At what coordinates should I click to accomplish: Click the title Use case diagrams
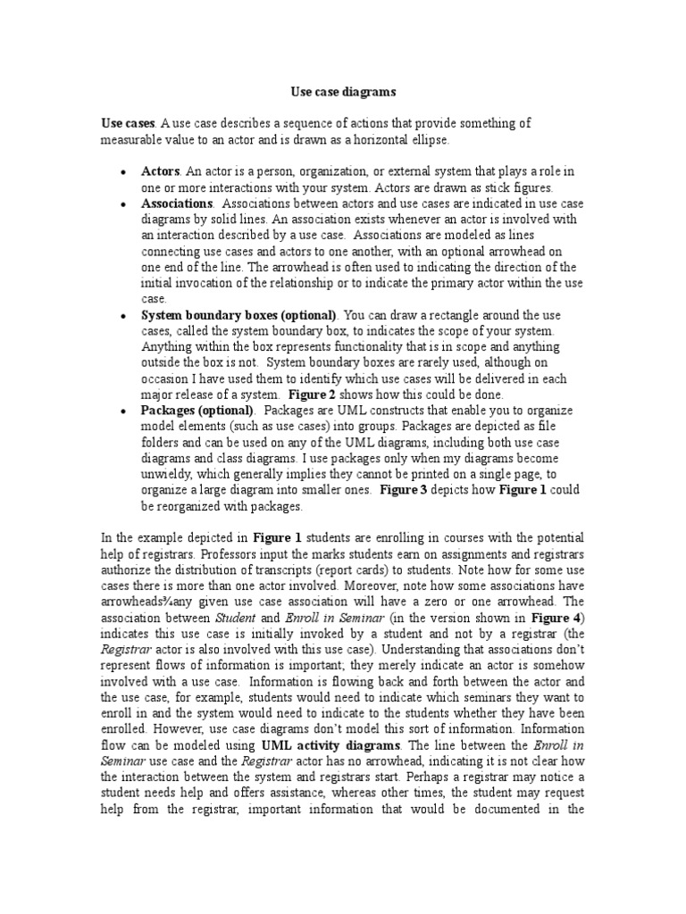click(343, 91)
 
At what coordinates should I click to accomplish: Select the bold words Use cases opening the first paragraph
click(128, 124)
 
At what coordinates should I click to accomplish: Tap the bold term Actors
click(161, 170)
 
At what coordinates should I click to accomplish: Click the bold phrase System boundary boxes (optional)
click(238, 315)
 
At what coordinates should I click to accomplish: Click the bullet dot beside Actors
click(121, 171)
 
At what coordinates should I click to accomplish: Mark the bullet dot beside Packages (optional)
click(121, 411)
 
